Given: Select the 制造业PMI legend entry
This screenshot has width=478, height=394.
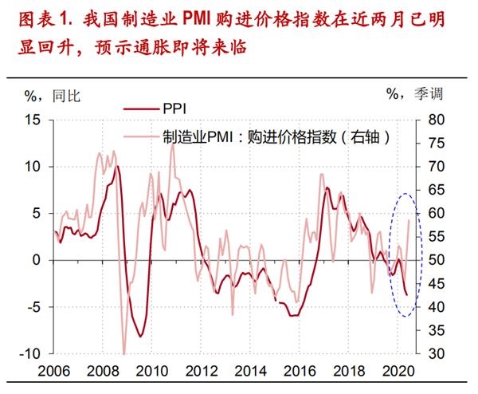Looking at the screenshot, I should coord(275,136).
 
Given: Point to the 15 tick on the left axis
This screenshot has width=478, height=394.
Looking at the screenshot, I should coord(31,120).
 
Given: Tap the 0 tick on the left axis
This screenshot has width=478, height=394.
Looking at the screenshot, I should coord(37,260).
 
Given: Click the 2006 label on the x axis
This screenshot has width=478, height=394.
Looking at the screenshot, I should coord(53,372).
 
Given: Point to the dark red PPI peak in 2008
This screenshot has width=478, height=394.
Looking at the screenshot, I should coord(117,167).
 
